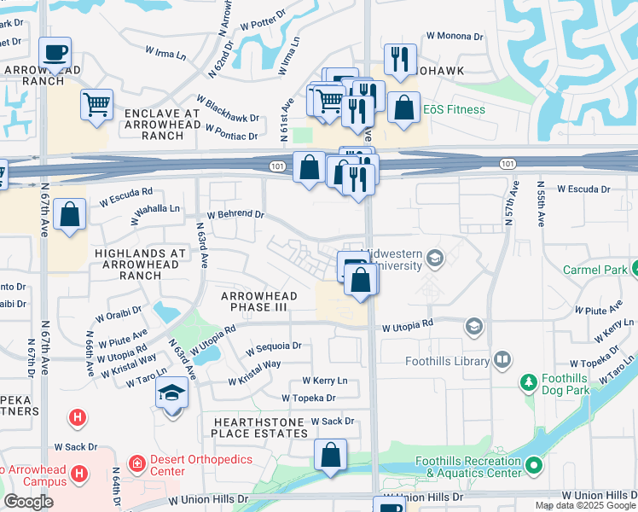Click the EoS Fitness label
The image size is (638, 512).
[455, 109]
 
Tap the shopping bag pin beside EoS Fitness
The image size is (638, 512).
[404, 108]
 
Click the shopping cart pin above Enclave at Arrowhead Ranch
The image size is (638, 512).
[97, 105]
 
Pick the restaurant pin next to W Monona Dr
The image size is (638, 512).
[400, 60]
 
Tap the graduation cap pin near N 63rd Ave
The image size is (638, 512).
[172, 394]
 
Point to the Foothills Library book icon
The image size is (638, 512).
[502, 360]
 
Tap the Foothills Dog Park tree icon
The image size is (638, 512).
[528, 381]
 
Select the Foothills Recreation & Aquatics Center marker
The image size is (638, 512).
[534, 466]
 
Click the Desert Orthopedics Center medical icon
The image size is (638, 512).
[136, 465]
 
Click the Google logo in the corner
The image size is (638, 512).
[28, 502]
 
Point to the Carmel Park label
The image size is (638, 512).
[594, 270]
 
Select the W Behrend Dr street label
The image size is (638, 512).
[236, 215]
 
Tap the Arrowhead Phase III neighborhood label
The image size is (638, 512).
[259, 302]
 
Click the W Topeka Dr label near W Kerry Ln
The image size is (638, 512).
[309, 398]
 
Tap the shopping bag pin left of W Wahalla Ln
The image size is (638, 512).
[69, 214]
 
